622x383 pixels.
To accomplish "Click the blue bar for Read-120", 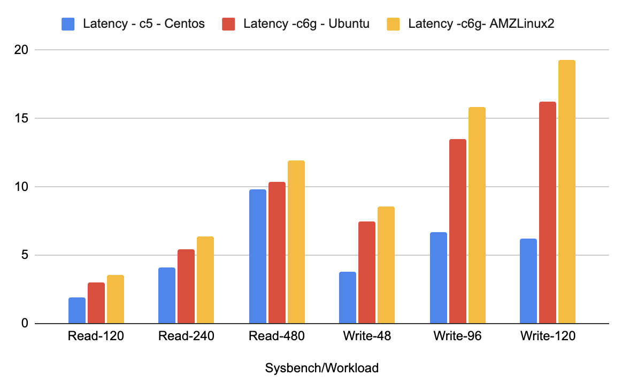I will click(x=77, y=311).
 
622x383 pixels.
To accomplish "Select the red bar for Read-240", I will click(x=186, y=287).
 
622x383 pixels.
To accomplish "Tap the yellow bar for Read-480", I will click(x=296, y=242).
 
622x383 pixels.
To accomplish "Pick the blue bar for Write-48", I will click(x=348, y=298).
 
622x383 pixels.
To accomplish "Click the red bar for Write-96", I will click(x=457, y=232).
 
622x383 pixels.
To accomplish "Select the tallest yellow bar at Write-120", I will click(x=566, y=192).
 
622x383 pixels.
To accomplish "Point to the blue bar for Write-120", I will click(x=528, y=281).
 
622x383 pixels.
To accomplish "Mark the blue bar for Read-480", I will click(x=257, y=257).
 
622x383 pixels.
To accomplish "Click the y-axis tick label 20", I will click(x=20, y=50).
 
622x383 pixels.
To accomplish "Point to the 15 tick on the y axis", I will click(x=20, y=118).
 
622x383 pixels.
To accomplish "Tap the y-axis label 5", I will click(x=23, y=255).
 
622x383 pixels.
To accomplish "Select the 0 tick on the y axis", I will click(x=23, y=324).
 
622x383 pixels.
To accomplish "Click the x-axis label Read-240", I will click(x=186, y=337).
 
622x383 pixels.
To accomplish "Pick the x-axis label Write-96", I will click(x=457, y=337).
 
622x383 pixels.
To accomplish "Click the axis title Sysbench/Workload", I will click(x=321, y=368).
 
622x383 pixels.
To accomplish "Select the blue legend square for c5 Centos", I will click(x=68, y=24).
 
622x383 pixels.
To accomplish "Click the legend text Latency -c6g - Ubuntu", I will click(x=306, y=24).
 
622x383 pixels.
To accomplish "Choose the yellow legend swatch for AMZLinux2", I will click(x=394, y=24).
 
